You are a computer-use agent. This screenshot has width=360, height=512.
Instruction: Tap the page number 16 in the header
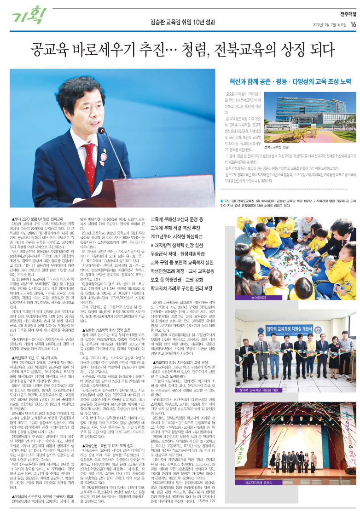click(353, 25)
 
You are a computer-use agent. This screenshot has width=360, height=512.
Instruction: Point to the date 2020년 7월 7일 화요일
click(330, 25)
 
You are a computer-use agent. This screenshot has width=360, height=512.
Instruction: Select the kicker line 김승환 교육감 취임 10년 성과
click(180, 22)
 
